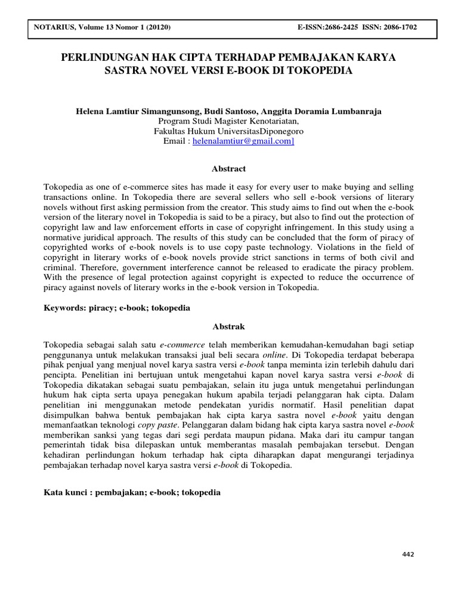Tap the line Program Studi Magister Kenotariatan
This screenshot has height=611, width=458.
tap(229, 121)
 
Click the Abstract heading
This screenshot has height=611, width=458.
tap(229, 169)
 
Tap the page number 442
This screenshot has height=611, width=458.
tap(408, 554)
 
